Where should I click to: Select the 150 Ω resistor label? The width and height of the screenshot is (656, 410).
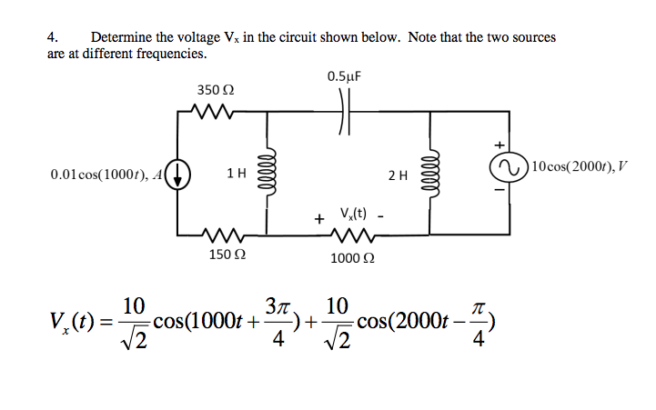(x=222, y=255)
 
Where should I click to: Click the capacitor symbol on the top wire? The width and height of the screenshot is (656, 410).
(x=344, y=115)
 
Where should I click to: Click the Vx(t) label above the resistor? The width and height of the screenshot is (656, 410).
(x=354, y=215)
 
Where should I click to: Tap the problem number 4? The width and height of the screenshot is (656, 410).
(x=52, y=37)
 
